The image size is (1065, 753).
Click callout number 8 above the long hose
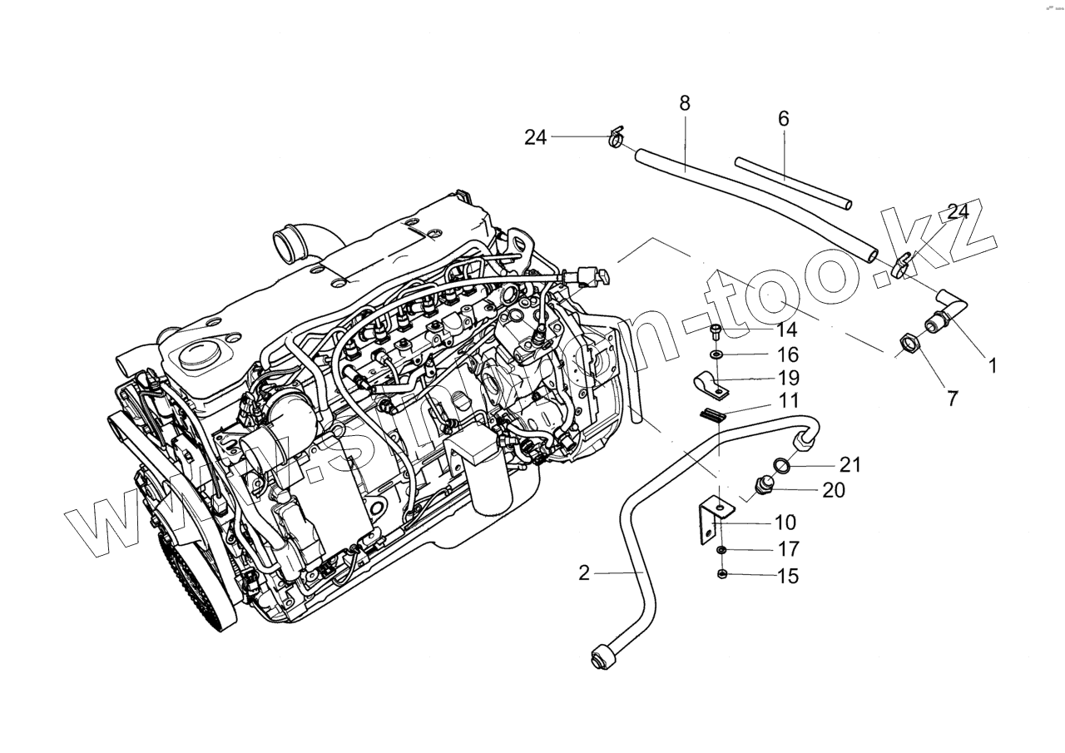pos(685,103)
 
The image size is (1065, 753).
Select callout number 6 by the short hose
pos(783,119)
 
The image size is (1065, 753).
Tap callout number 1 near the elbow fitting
pos(992,364)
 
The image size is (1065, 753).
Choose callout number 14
pos(787,329)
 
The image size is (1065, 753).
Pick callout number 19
pos(788,379)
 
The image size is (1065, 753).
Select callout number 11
pos(788,401)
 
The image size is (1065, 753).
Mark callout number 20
pos(833,490)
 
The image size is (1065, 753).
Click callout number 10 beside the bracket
pos(785,523)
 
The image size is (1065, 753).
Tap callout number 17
pos(787,549)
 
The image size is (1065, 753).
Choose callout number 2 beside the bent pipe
pos(584,572)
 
